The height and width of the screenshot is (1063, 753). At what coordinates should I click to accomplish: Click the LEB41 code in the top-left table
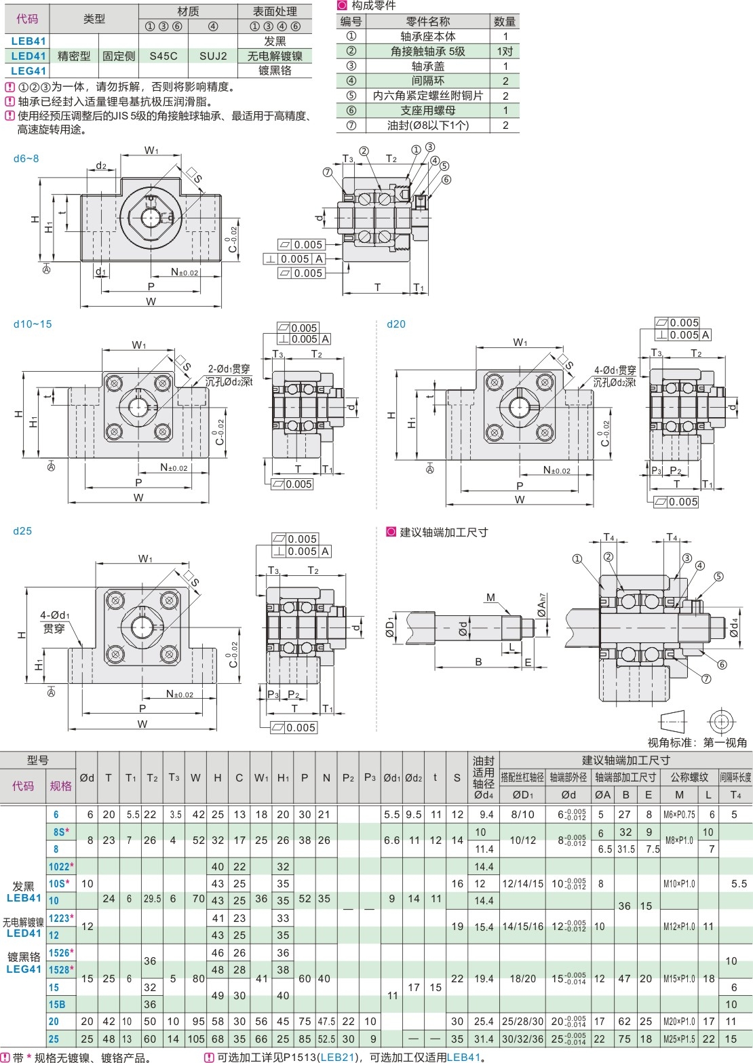28,41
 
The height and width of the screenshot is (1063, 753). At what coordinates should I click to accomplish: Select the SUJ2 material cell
213,56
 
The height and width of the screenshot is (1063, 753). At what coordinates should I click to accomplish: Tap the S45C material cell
163,56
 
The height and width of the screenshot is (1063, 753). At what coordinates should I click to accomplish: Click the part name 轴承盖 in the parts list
427,66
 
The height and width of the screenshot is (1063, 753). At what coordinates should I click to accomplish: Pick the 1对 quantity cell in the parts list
505,52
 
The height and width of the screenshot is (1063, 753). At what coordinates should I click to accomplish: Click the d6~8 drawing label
26,159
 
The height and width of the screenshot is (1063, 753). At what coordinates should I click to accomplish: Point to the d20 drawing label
396,324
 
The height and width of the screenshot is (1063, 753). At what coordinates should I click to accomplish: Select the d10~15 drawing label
33,324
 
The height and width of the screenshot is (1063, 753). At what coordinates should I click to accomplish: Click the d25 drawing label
22,531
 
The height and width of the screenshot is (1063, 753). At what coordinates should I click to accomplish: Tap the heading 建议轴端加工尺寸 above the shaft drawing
444,533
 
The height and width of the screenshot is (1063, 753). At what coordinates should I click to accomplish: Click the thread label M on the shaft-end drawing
490,598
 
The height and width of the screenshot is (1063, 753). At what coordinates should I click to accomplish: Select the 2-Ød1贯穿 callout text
229,369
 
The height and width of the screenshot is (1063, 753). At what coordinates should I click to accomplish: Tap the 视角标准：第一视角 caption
697,743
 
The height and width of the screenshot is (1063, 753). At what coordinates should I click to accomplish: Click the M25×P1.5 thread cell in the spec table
679,1039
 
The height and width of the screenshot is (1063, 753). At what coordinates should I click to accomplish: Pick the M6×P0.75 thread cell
679,815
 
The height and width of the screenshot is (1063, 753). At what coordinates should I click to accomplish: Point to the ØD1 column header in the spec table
522,795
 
